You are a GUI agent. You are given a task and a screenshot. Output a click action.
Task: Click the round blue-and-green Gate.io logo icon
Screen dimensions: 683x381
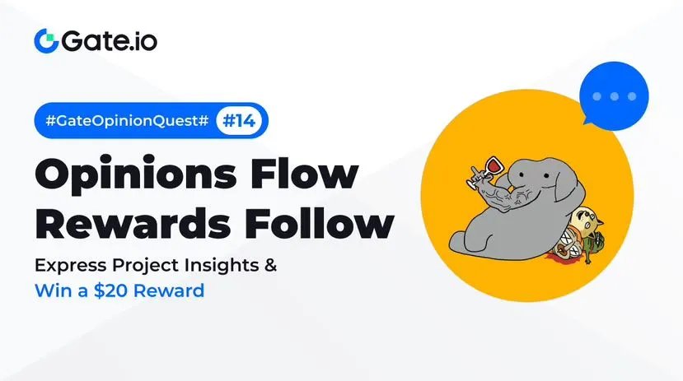click(x=46, y=41)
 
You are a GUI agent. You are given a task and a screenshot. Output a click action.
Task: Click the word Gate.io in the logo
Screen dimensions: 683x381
click(x=110, y=41)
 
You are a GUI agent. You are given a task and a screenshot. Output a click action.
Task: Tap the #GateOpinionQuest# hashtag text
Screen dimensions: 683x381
click(x=127, y=120)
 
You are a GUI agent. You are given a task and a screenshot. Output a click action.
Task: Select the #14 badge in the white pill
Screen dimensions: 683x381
click(x=239, y=120)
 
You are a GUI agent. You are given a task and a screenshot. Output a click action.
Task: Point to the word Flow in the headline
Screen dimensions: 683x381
click(x=305, y=173)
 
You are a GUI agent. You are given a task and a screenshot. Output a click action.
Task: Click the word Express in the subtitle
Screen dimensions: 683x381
click(x=70, y=265)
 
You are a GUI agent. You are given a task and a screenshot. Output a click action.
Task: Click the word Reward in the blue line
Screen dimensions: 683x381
click(x=169, y=290)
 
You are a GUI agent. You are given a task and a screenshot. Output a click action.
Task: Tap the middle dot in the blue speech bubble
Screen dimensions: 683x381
click(x=614, y=96)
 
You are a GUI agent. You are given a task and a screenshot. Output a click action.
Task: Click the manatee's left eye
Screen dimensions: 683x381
click(x=522, y=174)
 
